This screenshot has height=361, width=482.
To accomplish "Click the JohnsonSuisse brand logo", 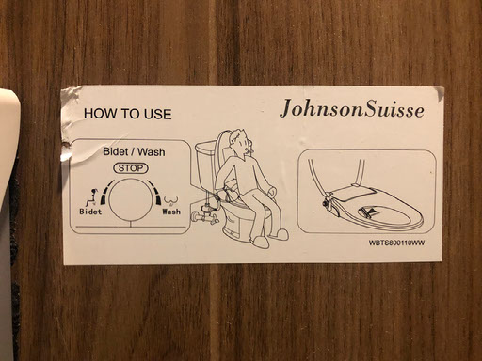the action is (352, 109).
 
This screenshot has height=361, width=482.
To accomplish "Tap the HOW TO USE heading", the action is (127, 114).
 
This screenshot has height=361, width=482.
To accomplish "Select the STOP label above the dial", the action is (131, 168).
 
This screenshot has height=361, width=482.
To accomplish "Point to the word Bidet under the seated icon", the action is (90, 212).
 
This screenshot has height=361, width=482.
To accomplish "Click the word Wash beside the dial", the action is (171, 212).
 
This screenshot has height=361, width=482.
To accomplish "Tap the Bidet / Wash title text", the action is (134, 152).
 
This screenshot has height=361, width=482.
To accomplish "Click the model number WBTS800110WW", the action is (397, 243).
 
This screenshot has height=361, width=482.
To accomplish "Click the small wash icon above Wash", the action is (171, 200).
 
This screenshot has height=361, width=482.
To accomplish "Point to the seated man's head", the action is (240, 141).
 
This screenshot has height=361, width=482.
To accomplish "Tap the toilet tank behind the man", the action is (205, 165).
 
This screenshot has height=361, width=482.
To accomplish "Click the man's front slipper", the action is (260, 242).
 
